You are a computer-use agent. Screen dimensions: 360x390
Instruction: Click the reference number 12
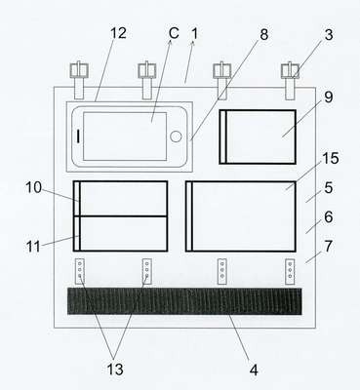coord(118,33)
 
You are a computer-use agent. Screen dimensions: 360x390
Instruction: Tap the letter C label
coord(174,33)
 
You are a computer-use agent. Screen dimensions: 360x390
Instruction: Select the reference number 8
coord(264,34)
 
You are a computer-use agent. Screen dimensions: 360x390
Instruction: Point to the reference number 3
coord(329,35)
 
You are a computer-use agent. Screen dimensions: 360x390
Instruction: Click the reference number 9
coord(329,97)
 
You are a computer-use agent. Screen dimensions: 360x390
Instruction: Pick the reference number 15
coord(330,158)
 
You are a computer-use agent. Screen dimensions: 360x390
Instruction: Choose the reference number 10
coord(34,187)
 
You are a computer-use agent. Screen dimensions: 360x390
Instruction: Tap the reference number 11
coord(33,247)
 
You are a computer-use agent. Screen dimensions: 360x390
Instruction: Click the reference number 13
coord(115,370)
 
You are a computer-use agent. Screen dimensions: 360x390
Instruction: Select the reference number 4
coord(254,370)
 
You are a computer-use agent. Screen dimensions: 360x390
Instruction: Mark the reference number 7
coord(329,247)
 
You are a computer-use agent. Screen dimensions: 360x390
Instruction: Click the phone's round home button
coord(176,136)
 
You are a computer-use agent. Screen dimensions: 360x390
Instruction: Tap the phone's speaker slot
coord(78,136)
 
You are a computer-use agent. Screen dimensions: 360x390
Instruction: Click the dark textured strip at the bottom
coord(184,301)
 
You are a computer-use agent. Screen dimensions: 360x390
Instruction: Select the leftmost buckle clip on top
coord(79,80)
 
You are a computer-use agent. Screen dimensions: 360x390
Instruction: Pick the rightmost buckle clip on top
coord(290,81)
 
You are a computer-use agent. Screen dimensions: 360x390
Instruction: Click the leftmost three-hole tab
coord(80,271)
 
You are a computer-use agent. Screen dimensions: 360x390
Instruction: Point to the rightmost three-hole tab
coord(290,272)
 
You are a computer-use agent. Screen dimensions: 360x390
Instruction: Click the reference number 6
coord(329,216)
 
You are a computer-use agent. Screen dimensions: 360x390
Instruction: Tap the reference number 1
coord(194,34)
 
